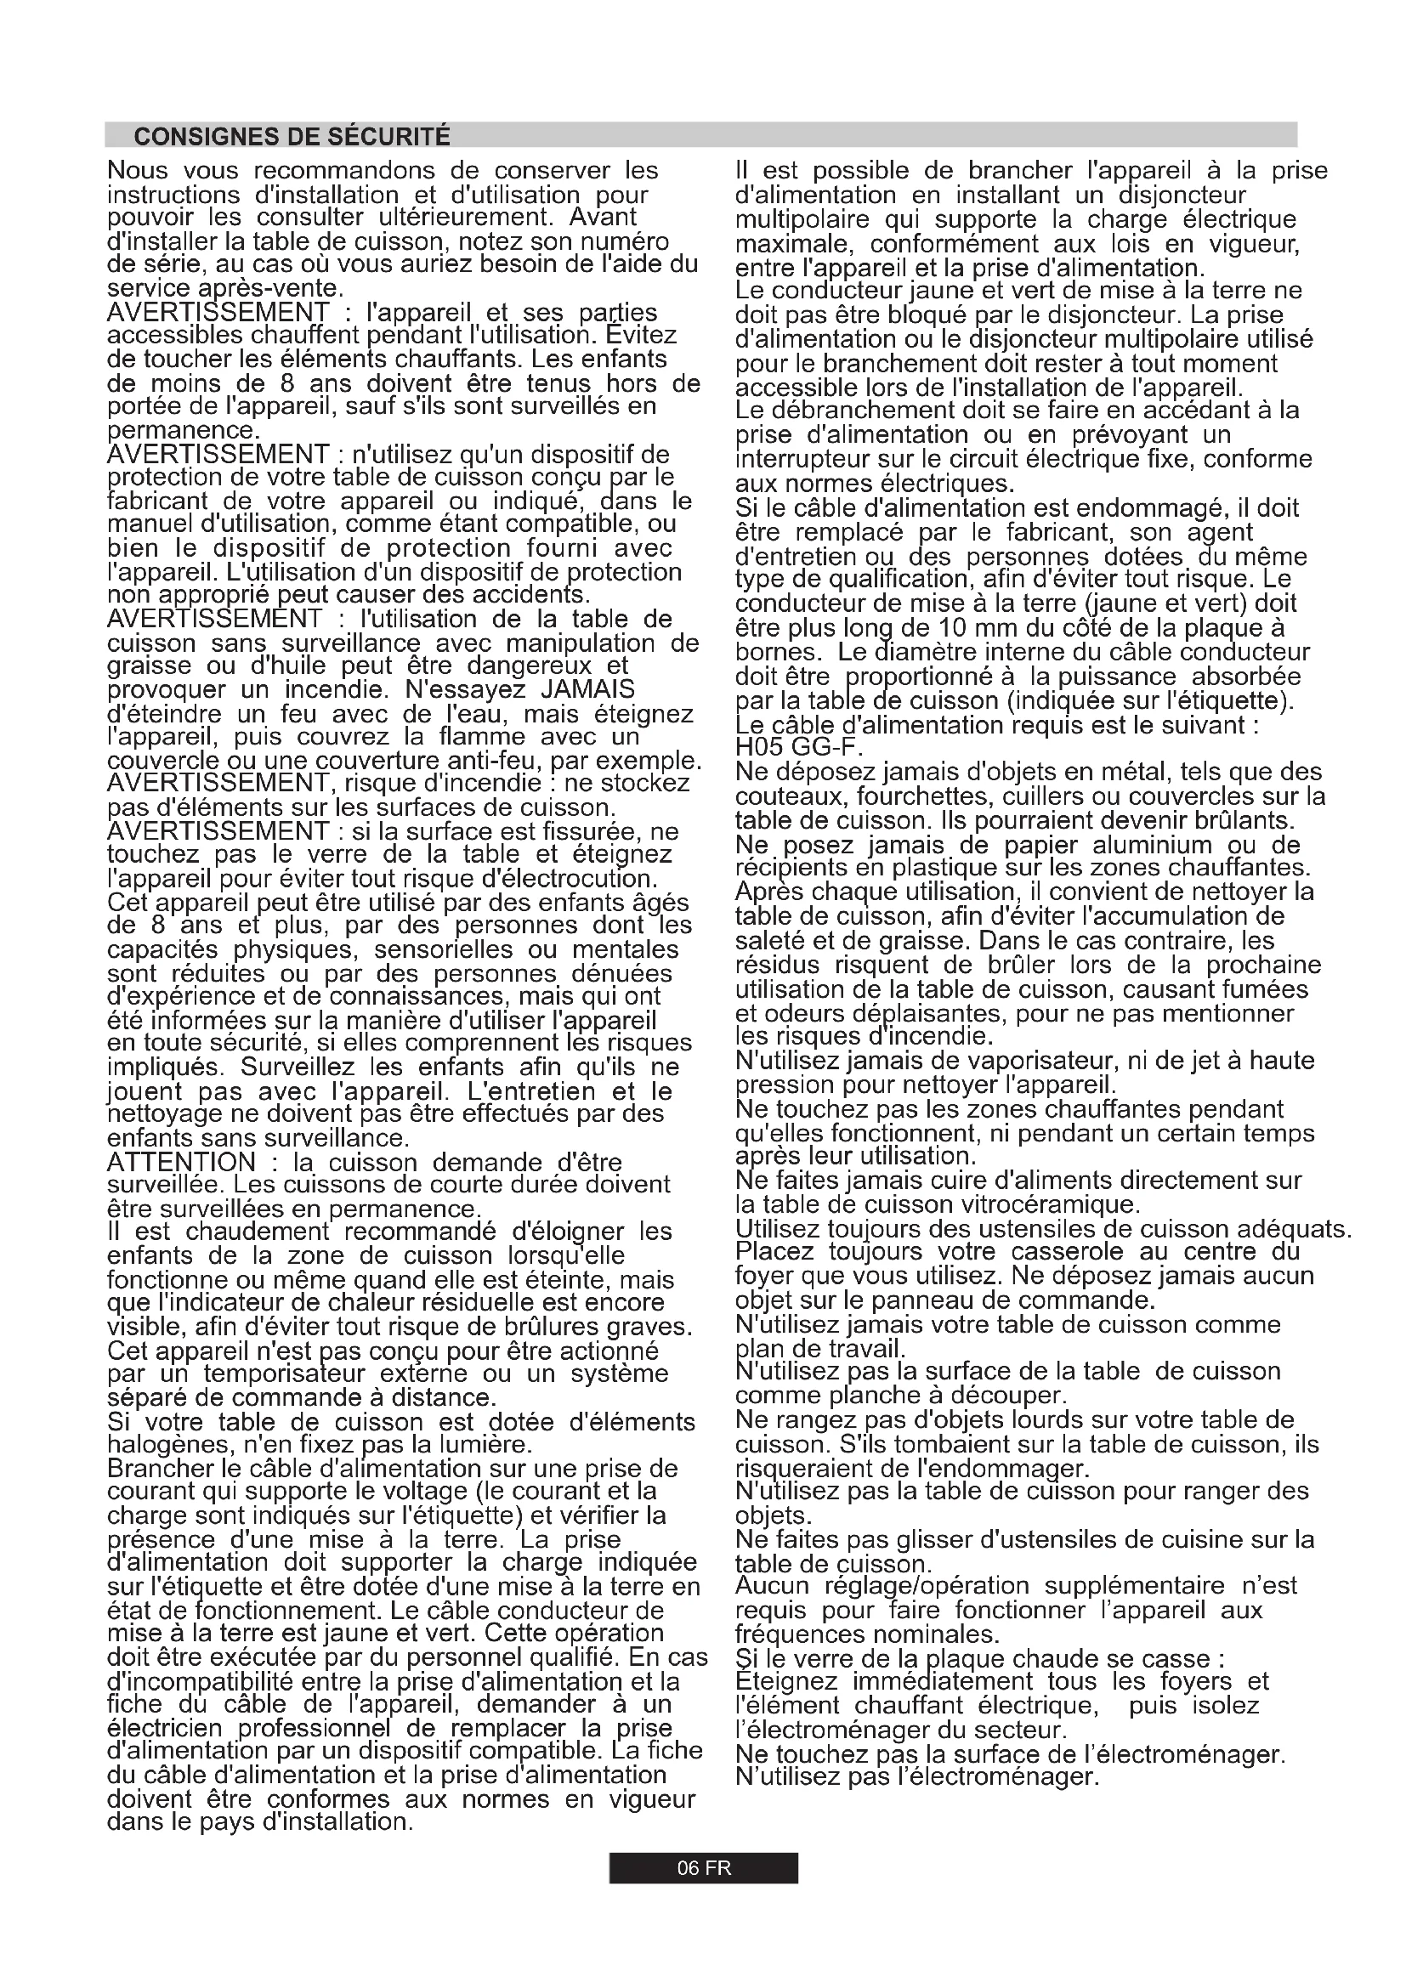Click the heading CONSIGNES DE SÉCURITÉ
click(292, 137)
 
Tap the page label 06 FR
click(703, 1867)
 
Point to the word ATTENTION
click(181, 1162)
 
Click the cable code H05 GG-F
click(799, 746)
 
